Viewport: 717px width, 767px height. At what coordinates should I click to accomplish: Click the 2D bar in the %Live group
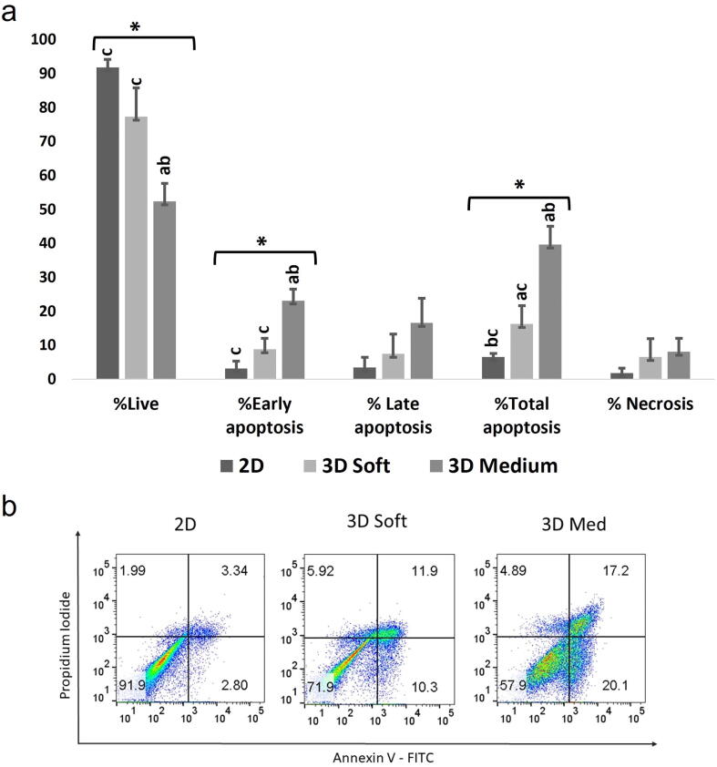pos(108,223)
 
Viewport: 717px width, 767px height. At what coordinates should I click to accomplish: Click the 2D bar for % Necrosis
pos(621,375)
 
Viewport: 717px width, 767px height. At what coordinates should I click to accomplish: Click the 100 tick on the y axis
pos(44,39)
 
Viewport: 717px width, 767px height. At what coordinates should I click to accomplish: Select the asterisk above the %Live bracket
pos(135,26)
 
